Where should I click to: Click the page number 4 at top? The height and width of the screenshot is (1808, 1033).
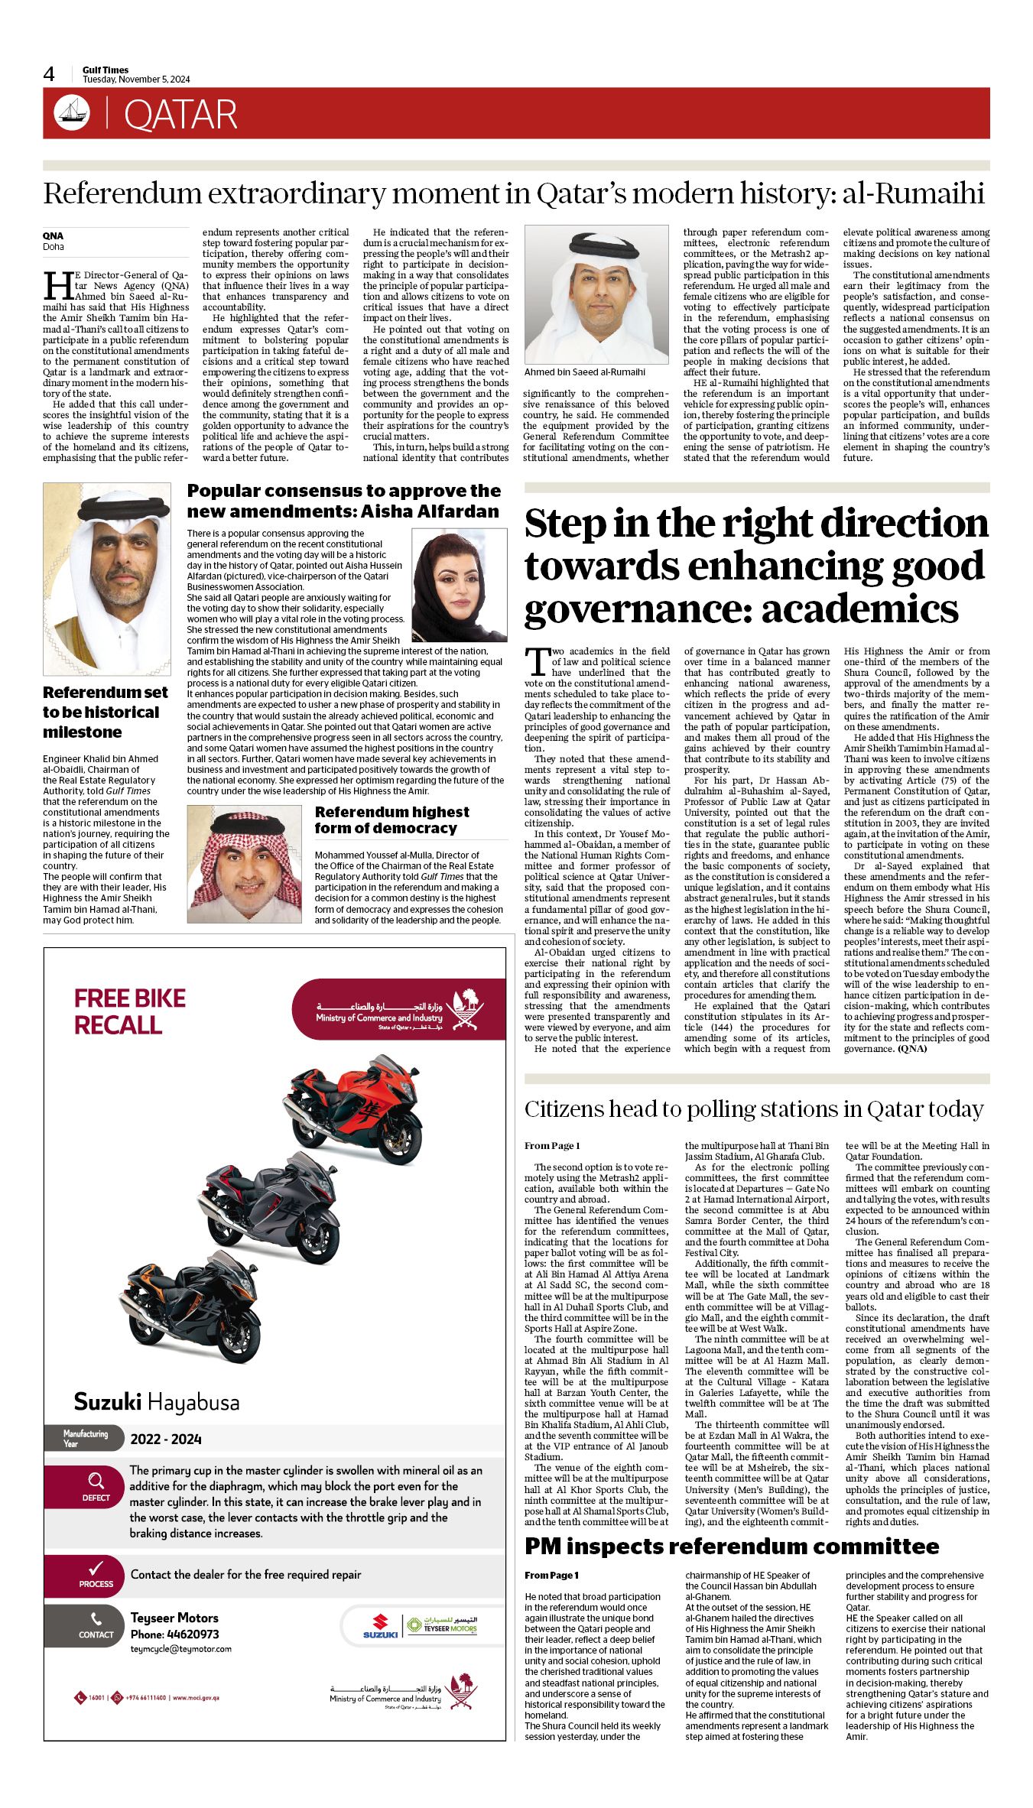(49, 74)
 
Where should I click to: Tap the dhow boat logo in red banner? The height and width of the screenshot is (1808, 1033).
(72, 113)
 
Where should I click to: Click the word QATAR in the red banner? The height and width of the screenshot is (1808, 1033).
(180, 115)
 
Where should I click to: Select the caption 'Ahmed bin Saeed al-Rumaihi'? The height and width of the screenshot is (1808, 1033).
(585, 372)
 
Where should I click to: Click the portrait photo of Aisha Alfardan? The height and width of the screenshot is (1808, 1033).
(459, 585)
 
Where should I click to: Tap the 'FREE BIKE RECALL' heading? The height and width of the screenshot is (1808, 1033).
(130, 1011)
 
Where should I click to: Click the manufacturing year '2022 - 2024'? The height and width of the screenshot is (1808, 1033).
(166, 1440)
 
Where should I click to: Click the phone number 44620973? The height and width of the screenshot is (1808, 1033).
(193, 1634)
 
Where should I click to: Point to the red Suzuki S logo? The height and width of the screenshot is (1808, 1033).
(380, 1622)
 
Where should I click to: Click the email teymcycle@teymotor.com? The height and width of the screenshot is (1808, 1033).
(181, 1649)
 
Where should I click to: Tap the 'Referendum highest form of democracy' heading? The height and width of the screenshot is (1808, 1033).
(391, 820)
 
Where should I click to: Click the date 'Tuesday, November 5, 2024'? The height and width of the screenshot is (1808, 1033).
(136, 80)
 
